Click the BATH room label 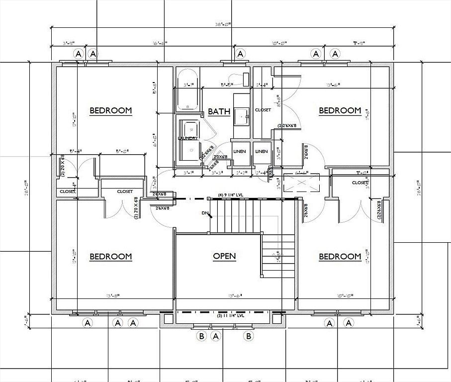pos(219,111)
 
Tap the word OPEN pos(224,257)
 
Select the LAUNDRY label pos(188,138)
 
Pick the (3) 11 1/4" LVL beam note pos(230,316)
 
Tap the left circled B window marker pos(202,336)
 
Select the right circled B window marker pos(249,336)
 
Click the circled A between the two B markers pos(216,336)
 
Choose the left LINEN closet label pos(240,151)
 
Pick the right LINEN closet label pos(262,151)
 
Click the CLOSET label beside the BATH pos(263,110)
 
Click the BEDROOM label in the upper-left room pos(111,111)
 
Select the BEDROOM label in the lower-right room pos(340,257)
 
